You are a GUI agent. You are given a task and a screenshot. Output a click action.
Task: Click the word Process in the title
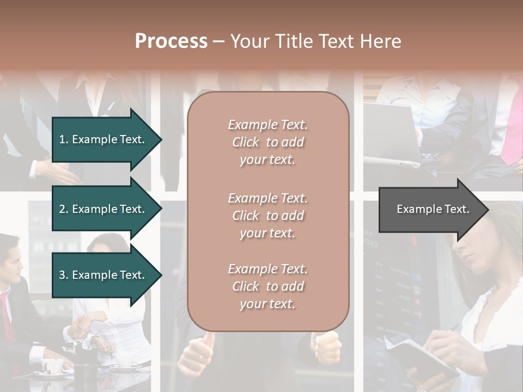pyautogui.click(x=171, y=41)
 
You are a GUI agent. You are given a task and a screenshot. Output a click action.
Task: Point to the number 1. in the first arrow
pyautogui.click(x=63, y=139)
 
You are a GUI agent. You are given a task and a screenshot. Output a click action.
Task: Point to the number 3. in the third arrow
pyautogui.click(x=63, y=275)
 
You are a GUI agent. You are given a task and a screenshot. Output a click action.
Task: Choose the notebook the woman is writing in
pyautogui.click(x=422, y=357)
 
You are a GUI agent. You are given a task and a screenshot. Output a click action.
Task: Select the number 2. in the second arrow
pyautogui.click(x=63, y=209)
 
